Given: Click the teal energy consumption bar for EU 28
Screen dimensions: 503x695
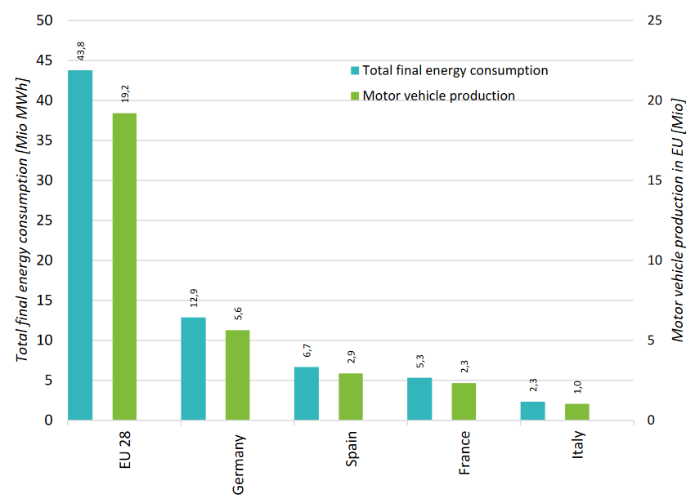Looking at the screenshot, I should point(80,245).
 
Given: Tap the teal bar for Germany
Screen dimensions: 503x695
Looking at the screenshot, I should point(193,368).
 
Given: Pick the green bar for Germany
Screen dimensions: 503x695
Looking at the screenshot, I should point(237,375).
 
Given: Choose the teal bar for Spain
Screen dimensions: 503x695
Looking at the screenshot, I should point(307,394).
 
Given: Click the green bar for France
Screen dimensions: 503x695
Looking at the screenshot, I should point(464,401).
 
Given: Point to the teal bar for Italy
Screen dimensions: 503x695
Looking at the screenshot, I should point(532,411).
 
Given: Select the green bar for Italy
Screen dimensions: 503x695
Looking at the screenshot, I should point(576,412).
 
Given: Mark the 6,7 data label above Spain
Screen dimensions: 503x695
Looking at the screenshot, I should point(307,351).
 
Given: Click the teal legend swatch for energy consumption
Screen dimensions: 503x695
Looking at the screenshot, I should point(355,70).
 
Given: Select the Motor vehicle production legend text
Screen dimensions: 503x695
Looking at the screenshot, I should point(439,96).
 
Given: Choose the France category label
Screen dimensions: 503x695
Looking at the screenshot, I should point(464,453).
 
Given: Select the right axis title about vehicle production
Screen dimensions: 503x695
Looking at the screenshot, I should point(677,220).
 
